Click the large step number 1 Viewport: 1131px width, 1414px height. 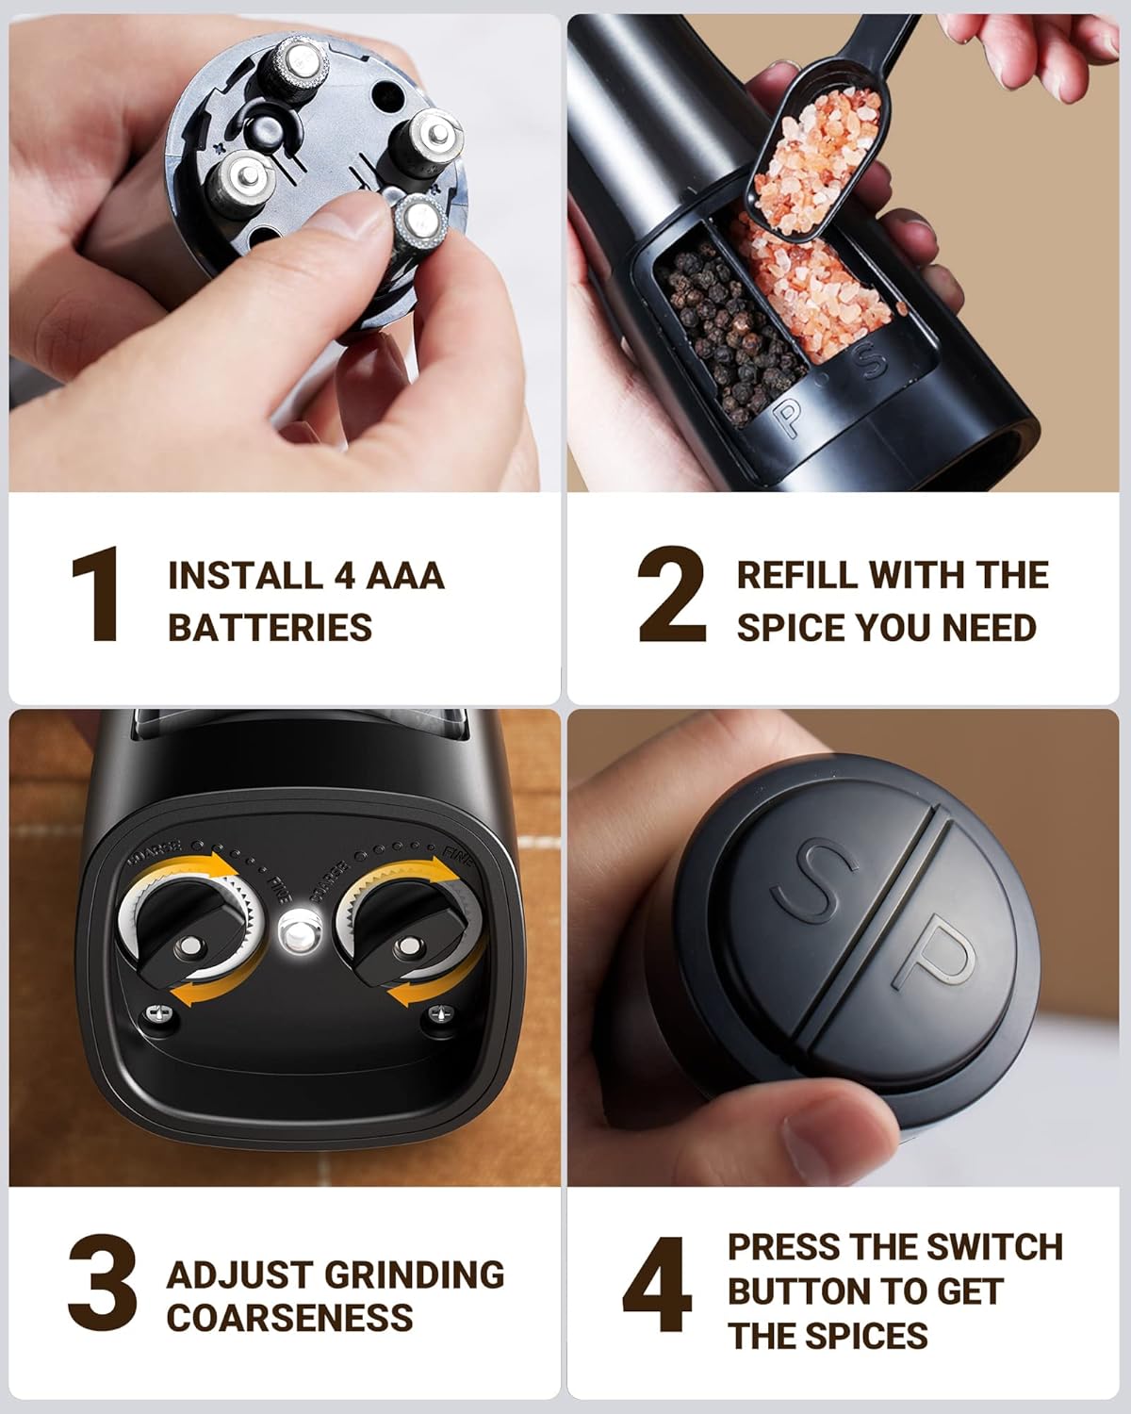[x=96, y=594]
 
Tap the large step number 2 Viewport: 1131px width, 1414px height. [x=671, y=594]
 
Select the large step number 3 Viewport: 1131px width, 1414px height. [x=103, y=1282]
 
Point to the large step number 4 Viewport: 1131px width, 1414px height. [x=658, y=1283]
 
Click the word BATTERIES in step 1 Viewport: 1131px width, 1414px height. [x=270, y=627]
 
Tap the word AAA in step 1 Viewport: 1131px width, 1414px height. [x=405, y=576]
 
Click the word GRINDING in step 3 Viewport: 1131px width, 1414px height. [x=415, y=1274]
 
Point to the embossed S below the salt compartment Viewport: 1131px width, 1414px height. [x=871, y=361]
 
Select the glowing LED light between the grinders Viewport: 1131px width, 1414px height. [x=301, y=929]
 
